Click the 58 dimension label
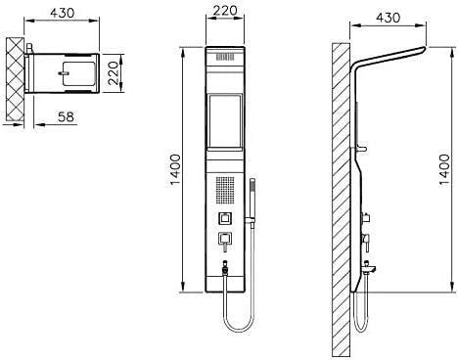pos(66,116)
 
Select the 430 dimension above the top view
pos(63,13)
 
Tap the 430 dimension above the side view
pos(388,18)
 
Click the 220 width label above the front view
pos(225,11)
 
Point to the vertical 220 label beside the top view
pos(114,73)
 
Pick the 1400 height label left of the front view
pos(175,169)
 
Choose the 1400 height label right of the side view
pos(444,169)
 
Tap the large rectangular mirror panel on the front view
pos(225,120)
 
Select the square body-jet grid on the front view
pos(225,190)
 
